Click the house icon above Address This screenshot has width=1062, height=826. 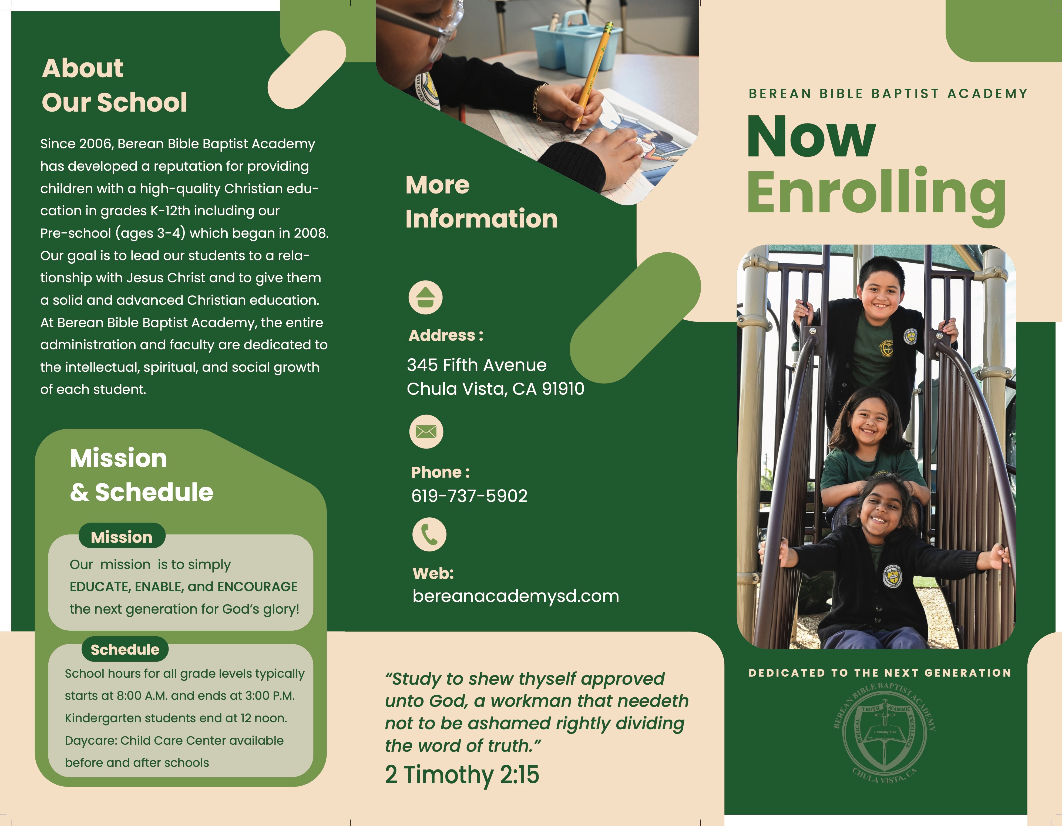point(425,297)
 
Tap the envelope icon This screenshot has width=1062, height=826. point(426,432)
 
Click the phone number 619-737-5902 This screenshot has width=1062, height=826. point(469,496)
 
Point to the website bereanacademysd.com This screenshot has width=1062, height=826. point(515,596)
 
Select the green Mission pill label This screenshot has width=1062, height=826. point(122,537)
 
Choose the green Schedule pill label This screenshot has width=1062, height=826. point(125,649)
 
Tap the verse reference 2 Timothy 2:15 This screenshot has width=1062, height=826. point(462,774)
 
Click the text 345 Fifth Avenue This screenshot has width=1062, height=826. point(476,365)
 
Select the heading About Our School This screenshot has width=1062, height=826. point(114,85)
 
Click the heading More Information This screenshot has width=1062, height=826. point(481,202)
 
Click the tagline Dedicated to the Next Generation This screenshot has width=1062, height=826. point(880,673)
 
